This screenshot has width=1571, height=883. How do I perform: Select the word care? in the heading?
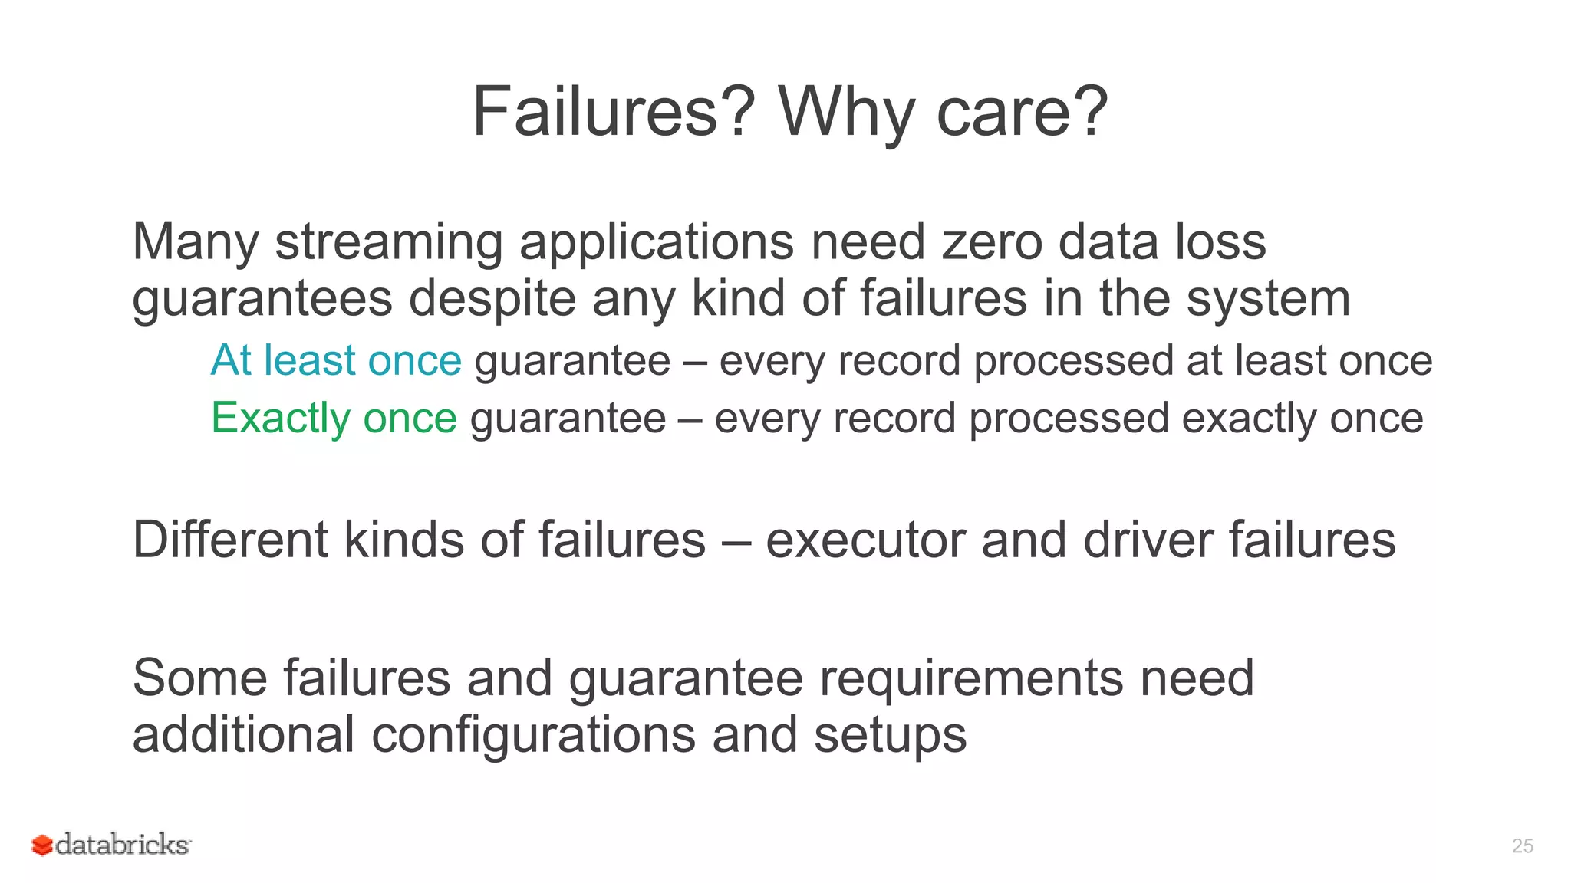(1022, 112)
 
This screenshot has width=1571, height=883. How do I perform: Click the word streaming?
(389, 243)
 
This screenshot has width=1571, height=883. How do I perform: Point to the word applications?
(657, 243)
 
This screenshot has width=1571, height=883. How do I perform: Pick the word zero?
(992, 243)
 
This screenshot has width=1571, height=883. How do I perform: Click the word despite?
(492, 299)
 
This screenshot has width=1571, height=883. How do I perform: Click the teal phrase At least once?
(336, 360)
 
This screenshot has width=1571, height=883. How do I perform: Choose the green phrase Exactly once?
(334, 419)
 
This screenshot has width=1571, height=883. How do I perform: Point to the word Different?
(230, 540)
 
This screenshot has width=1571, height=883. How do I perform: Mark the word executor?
(865, 540)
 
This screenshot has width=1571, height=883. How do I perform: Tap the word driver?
(1148, 540)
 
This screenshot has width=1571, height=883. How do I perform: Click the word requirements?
(972, 678)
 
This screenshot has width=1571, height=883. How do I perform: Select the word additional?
(243, 734)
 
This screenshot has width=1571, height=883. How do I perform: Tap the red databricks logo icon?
(41, 845)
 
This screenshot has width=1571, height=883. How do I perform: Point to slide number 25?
(1522, 845)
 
